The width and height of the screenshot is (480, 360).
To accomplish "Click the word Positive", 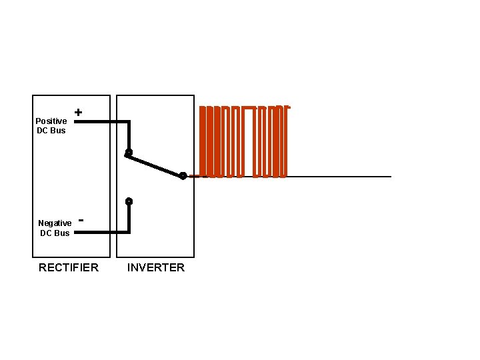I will (51, 121).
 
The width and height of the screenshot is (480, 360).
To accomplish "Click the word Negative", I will (55, 223).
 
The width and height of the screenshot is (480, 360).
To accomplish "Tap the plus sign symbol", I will (79, 113).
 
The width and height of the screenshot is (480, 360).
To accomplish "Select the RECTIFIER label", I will (69, 267).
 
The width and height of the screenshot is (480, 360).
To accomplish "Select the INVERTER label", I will (156, 267).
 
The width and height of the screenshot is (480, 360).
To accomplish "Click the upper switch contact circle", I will (129, 153).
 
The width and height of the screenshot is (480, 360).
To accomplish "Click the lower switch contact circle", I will (129, 201).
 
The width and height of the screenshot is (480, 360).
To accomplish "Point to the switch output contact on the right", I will (183, 176).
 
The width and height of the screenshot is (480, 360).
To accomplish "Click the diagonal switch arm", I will (155, 164).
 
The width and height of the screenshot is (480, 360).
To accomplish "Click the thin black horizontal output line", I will (340, 177).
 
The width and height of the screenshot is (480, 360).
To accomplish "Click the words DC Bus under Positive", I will (51, 130).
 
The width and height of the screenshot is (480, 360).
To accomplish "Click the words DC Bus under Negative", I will (55, 233).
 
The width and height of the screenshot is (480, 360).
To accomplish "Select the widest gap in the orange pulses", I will (250, 143).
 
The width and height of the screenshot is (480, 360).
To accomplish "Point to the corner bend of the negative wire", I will (129, 231).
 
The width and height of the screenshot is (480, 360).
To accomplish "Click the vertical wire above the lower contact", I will (129, 217).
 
